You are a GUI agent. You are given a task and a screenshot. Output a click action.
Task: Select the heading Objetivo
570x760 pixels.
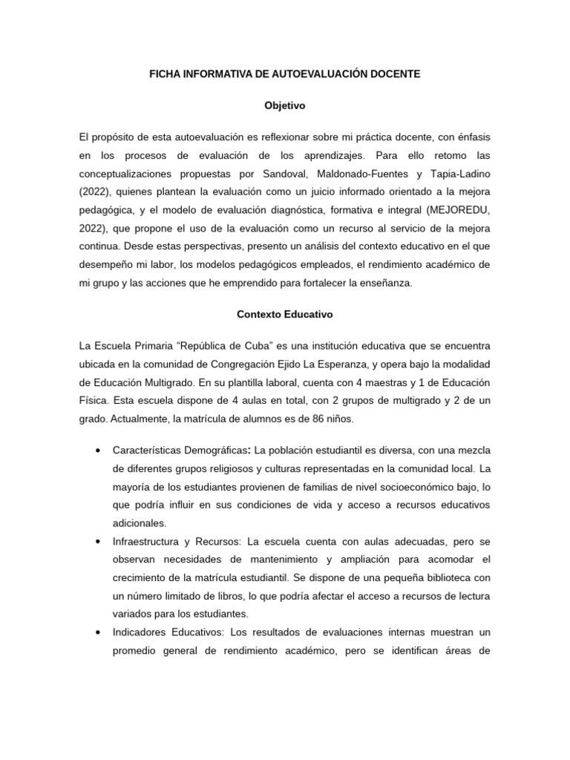(285, 106)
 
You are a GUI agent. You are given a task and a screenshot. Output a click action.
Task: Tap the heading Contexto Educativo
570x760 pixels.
(285, 315)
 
